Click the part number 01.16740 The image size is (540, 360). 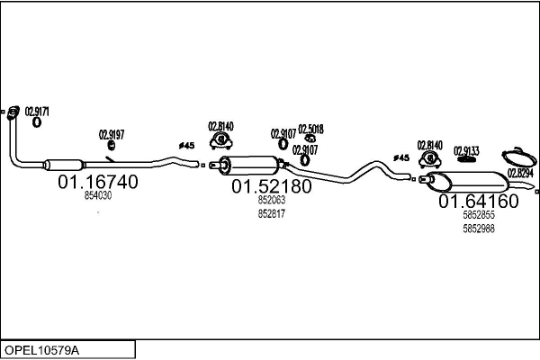(98, 183)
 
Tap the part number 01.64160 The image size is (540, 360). (478, 202)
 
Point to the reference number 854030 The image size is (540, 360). (98, 195)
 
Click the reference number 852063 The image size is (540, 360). (271, 202)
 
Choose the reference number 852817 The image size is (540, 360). (271, 213)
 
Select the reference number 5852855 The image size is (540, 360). (478, 217)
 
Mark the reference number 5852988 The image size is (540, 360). (478, 229)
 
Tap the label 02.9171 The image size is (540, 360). (36, 112)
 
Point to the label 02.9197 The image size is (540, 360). (112, 135)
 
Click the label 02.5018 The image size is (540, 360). (310, 128)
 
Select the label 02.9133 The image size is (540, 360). (466, 150)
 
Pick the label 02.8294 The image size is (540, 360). (520, 173)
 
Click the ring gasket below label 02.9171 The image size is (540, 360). (36, 122)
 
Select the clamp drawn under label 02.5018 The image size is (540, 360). (310, 139)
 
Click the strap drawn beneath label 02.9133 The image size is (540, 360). (465, 162)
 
